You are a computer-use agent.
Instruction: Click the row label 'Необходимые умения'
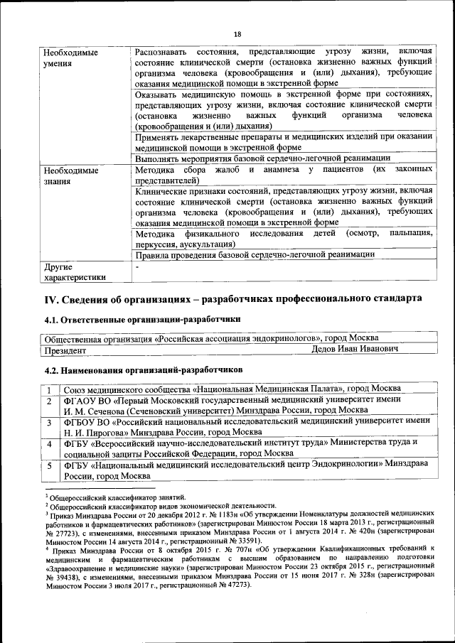[70, 58]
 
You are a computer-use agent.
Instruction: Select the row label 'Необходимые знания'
[70, 176]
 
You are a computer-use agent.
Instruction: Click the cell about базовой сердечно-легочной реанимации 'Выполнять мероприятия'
[262, 158]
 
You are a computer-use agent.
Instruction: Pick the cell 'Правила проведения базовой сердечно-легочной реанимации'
[255, 254]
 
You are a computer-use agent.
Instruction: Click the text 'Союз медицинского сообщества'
[127, 389]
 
